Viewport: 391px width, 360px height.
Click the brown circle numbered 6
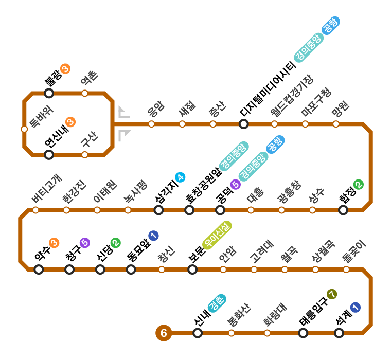pos(164,333)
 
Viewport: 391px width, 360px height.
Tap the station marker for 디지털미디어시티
pos(244,124)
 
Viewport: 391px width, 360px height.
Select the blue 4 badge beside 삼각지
pos(180,178)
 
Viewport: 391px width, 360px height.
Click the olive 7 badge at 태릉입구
pos(332,294)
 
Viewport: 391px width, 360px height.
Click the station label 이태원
pos(105,192)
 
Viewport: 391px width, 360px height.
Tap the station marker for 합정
pos(343,210)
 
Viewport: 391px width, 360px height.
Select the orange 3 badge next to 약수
pos(54,243)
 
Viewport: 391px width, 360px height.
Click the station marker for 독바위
pos(24,129)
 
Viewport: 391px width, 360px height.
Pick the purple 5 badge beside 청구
pos(85,243)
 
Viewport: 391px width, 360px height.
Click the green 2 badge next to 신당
pos(116,243)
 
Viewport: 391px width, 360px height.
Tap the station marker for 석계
pos(339,333)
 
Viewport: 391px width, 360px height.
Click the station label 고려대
pos(262,250)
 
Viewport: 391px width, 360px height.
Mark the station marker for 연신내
pos(49,155)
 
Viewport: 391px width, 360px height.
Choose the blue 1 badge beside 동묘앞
pos(153,236)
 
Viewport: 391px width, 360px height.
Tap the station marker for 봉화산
pos(232,333)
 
